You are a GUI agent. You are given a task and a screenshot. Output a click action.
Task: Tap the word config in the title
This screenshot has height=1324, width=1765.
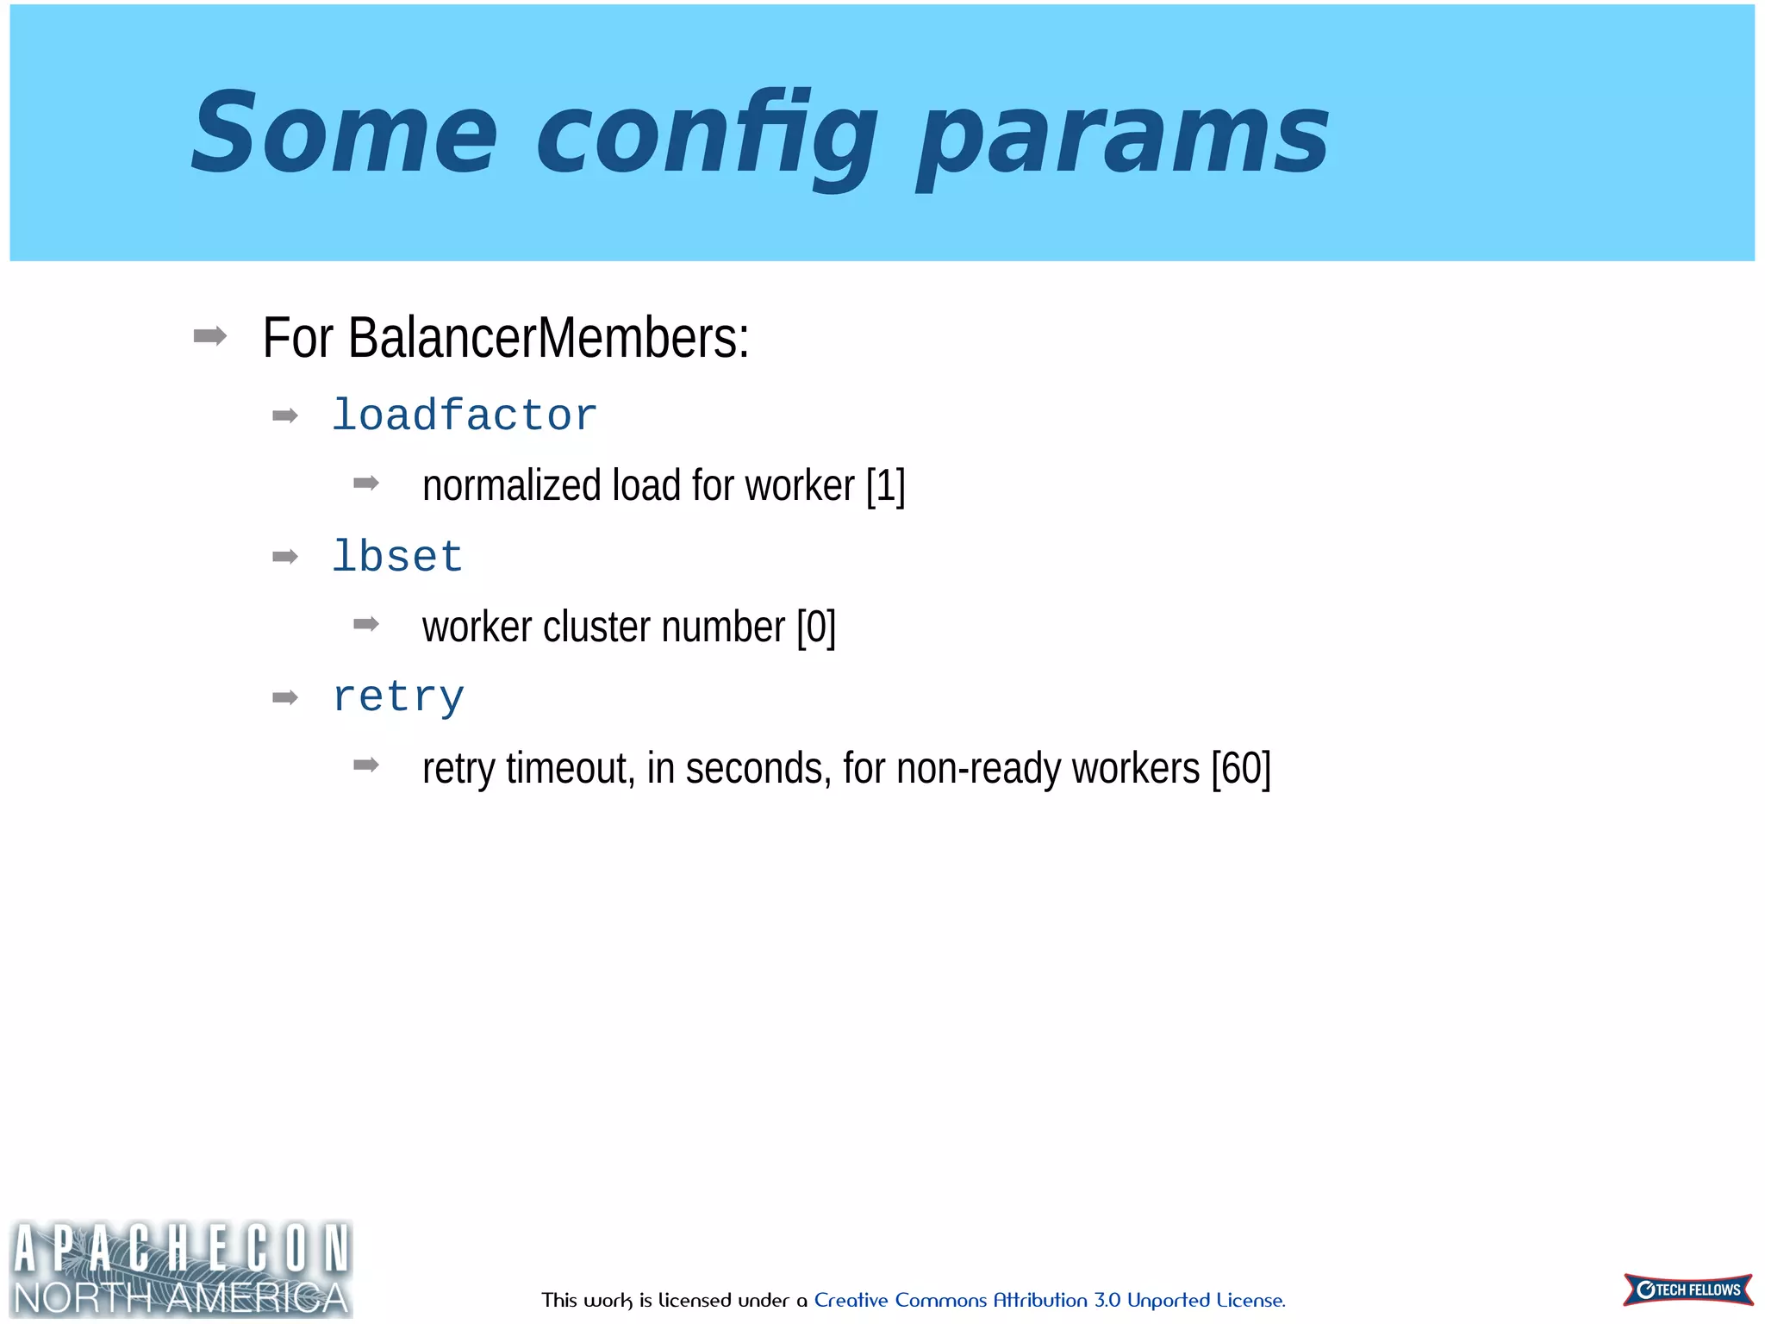pos(707,138)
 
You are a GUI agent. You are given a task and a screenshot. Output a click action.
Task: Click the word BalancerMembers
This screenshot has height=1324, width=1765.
pos(548,338)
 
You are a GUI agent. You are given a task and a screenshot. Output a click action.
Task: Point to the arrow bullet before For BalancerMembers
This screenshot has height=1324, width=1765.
pos(210,335)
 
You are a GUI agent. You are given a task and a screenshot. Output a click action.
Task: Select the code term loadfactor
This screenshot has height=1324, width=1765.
pos(465,415)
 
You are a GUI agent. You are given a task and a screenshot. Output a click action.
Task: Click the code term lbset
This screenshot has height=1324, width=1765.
pos(397,556)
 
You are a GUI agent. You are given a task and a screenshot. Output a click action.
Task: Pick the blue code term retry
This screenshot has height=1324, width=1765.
pos(398,696)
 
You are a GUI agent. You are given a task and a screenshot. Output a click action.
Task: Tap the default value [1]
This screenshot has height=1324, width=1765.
pos(885,486)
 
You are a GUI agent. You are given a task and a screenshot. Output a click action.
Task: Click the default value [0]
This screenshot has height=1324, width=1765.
pos(816,627)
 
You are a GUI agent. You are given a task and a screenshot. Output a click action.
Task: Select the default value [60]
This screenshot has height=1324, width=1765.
pos(1240,768)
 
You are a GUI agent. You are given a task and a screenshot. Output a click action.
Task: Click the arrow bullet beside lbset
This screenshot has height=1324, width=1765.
pos(284,557)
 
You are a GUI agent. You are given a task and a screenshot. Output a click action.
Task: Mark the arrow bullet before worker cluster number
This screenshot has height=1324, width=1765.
pos(366,623)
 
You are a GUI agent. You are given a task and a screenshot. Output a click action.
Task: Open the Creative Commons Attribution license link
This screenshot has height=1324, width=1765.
pos(1049,1300)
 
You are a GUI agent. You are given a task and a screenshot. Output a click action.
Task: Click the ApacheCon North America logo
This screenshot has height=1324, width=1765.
pos(181,1268)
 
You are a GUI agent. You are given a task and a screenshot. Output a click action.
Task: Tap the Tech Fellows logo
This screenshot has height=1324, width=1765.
pos(1687,1290)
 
